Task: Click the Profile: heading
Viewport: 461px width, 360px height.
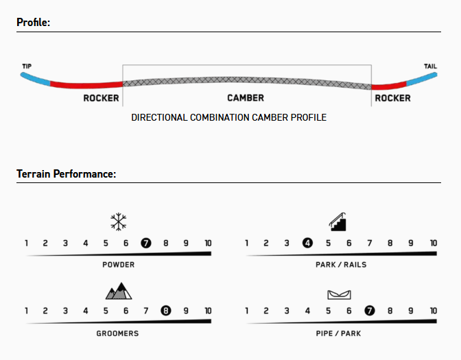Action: point(33,23)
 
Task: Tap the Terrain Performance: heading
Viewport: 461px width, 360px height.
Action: point(66,173)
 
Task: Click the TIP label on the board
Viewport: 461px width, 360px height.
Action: point(27,66)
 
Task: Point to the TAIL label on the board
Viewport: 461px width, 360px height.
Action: point(430,66)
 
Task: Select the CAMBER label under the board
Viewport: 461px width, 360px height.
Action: point(246,98)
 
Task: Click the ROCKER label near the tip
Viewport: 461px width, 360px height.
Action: point(101,98)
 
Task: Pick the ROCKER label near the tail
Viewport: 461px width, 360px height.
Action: point(392,98)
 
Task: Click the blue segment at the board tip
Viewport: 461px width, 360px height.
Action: point(35,80)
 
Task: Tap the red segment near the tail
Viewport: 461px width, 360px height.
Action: point(389,86)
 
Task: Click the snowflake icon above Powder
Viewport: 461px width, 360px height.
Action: point(119,221)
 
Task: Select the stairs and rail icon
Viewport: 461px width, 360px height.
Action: point(338,221)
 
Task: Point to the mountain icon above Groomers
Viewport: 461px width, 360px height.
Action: point(119,291)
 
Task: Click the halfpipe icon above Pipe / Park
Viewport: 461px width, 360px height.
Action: point(339,295)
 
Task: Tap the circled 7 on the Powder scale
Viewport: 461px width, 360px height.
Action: point(146,243)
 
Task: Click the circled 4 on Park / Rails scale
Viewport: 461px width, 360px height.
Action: point(307,243)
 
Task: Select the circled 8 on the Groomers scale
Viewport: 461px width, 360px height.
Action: point(166,311)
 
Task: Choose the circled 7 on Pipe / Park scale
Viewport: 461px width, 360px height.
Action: point(370,311)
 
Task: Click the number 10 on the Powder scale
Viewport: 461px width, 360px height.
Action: point(208,243)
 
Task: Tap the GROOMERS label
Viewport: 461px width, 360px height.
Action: point(117,333)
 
